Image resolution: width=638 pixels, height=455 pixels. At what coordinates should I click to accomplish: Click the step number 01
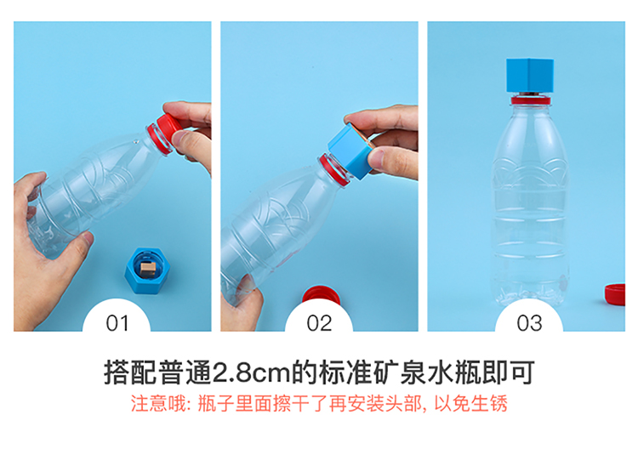(x=117, y=323)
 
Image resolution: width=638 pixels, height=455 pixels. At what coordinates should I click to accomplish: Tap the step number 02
(x=319, y=323)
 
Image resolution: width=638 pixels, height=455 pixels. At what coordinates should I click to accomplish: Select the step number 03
(x=529, y=323)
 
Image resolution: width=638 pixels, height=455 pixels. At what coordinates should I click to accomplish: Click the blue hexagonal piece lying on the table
(x=146, y=270)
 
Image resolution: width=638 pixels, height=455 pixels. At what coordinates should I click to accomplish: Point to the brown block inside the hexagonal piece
(x=148, y=270)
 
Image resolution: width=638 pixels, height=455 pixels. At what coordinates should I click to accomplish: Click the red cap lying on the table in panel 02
(x=321, y=296)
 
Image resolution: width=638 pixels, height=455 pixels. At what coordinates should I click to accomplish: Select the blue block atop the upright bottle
(x=530, y=75)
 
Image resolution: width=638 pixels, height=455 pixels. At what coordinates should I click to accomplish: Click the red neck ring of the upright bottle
(x=531, y=100)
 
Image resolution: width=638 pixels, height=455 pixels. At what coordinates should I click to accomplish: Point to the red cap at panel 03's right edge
(x=615, y=294)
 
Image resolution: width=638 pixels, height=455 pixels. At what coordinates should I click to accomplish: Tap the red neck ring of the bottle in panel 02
(x=334, y=170)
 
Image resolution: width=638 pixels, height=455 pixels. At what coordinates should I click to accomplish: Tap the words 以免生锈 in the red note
(x=470, y=404)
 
